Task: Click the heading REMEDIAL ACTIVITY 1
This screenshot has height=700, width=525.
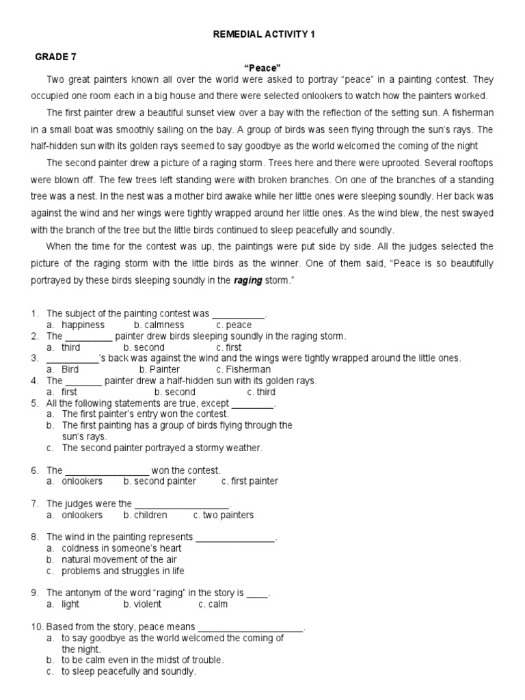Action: pos(263,34)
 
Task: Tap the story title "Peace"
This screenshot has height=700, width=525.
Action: pos(263,69)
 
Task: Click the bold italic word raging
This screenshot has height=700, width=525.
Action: pos(248,280)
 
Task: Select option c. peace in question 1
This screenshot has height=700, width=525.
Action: pos(234,325)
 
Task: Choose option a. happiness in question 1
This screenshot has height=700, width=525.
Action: pos(76,325)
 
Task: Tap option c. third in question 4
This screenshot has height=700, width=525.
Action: pos(261,392)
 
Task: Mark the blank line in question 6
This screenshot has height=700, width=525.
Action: pos(107,471)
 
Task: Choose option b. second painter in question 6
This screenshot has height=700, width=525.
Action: pos(160,481)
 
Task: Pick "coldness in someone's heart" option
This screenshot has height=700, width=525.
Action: pos(122,548)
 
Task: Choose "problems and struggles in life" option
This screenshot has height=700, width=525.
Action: pos(123,571)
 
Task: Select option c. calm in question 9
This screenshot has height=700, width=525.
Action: pos(213,604)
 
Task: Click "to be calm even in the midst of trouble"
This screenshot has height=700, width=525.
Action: pos(142,660)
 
